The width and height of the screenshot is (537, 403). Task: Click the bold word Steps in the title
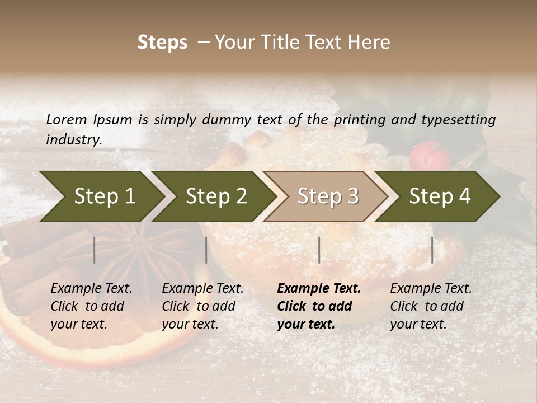[x=162, y=43]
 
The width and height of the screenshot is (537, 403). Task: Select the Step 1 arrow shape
[x=104, y=196]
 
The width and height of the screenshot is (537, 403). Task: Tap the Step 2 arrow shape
[x=216, y=196]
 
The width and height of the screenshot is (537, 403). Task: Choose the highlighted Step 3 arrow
[x=328, y=196]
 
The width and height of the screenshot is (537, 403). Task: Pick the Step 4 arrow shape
[x=440, y=196]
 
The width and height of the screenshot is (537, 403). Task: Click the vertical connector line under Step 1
[x=95, y=250]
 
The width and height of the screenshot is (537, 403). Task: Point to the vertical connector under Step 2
[x=206, y=250]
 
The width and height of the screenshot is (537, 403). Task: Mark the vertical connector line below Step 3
[x=319, y=250]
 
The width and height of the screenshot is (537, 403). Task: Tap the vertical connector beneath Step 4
[x=432, y=250]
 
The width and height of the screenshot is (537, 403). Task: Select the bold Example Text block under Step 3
[x=319, y=306]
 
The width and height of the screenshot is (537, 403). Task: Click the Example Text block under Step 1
[x=91, y=306]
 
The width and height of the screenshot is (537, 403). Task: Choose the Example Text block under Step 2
[x=202, y=306]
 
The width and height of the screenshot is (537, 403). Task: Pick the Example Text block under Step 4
[x=431, y=306]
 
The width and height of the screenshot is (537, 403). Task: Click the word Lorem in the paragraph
[x=67, y=119]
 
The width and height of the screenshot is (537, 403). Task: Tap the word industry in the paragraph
[x=74, y=139]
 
